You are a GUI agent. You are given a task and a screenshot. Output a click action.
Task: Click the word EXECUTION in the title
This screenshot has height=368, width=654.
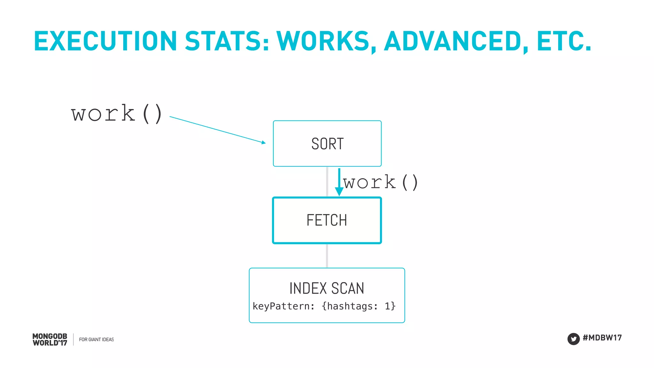105,41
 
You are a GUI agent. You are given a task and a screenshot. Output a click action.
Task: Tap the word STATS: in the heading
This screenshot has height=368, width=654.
227,41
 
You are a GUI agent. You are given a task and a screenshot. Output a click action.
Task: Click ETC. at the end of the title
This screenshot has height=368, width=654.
564,41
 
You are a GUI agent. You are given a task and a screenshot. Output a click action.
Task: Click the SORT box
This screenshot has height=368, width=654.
327,144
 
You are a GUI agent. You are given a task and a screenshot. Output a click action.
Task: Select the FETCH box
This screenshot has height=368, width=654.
327,220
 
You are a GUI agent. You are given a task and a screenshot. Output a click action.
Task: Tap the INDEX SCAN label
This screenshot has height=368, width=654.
327,288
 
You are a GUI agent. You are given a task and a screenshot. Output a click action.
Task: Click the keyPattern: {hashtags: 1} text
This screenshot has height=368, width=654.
324,306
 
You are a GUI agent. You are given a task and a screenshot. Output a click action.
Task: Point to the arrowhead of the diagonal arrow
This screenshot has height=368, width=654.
263,142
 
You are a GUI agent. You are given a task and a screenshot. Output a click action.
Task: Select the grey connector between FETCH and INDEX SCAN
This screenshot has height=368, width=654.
327,256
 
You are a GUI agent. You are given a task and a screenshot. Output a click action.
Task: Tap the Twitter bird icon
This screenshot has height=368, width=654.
573,339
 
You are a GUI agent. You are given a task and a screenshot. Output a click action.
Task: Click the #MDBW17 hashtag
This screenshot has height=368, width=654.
602,338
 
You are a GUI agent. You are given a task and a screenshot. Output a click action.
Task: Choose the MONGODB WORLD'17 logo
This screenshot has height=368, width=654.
50,340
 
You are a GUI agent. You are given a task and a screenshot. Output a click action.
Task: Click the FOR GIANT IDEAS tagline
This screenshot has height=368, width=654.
96,340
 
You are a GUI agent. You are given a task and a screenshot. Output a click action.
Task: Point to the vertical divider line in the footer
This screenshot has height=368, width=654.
73,339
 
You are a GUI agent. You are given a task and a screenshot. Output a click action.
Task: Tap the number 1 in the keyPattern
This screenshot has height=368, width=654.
387,306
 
